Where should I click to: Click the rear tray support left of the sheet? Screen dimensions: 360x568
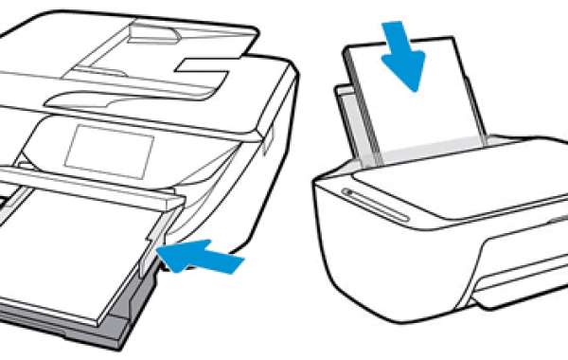pos(346,118)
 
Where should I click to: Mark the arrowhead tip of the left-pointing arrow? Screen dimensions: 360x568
pos(163,252)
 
